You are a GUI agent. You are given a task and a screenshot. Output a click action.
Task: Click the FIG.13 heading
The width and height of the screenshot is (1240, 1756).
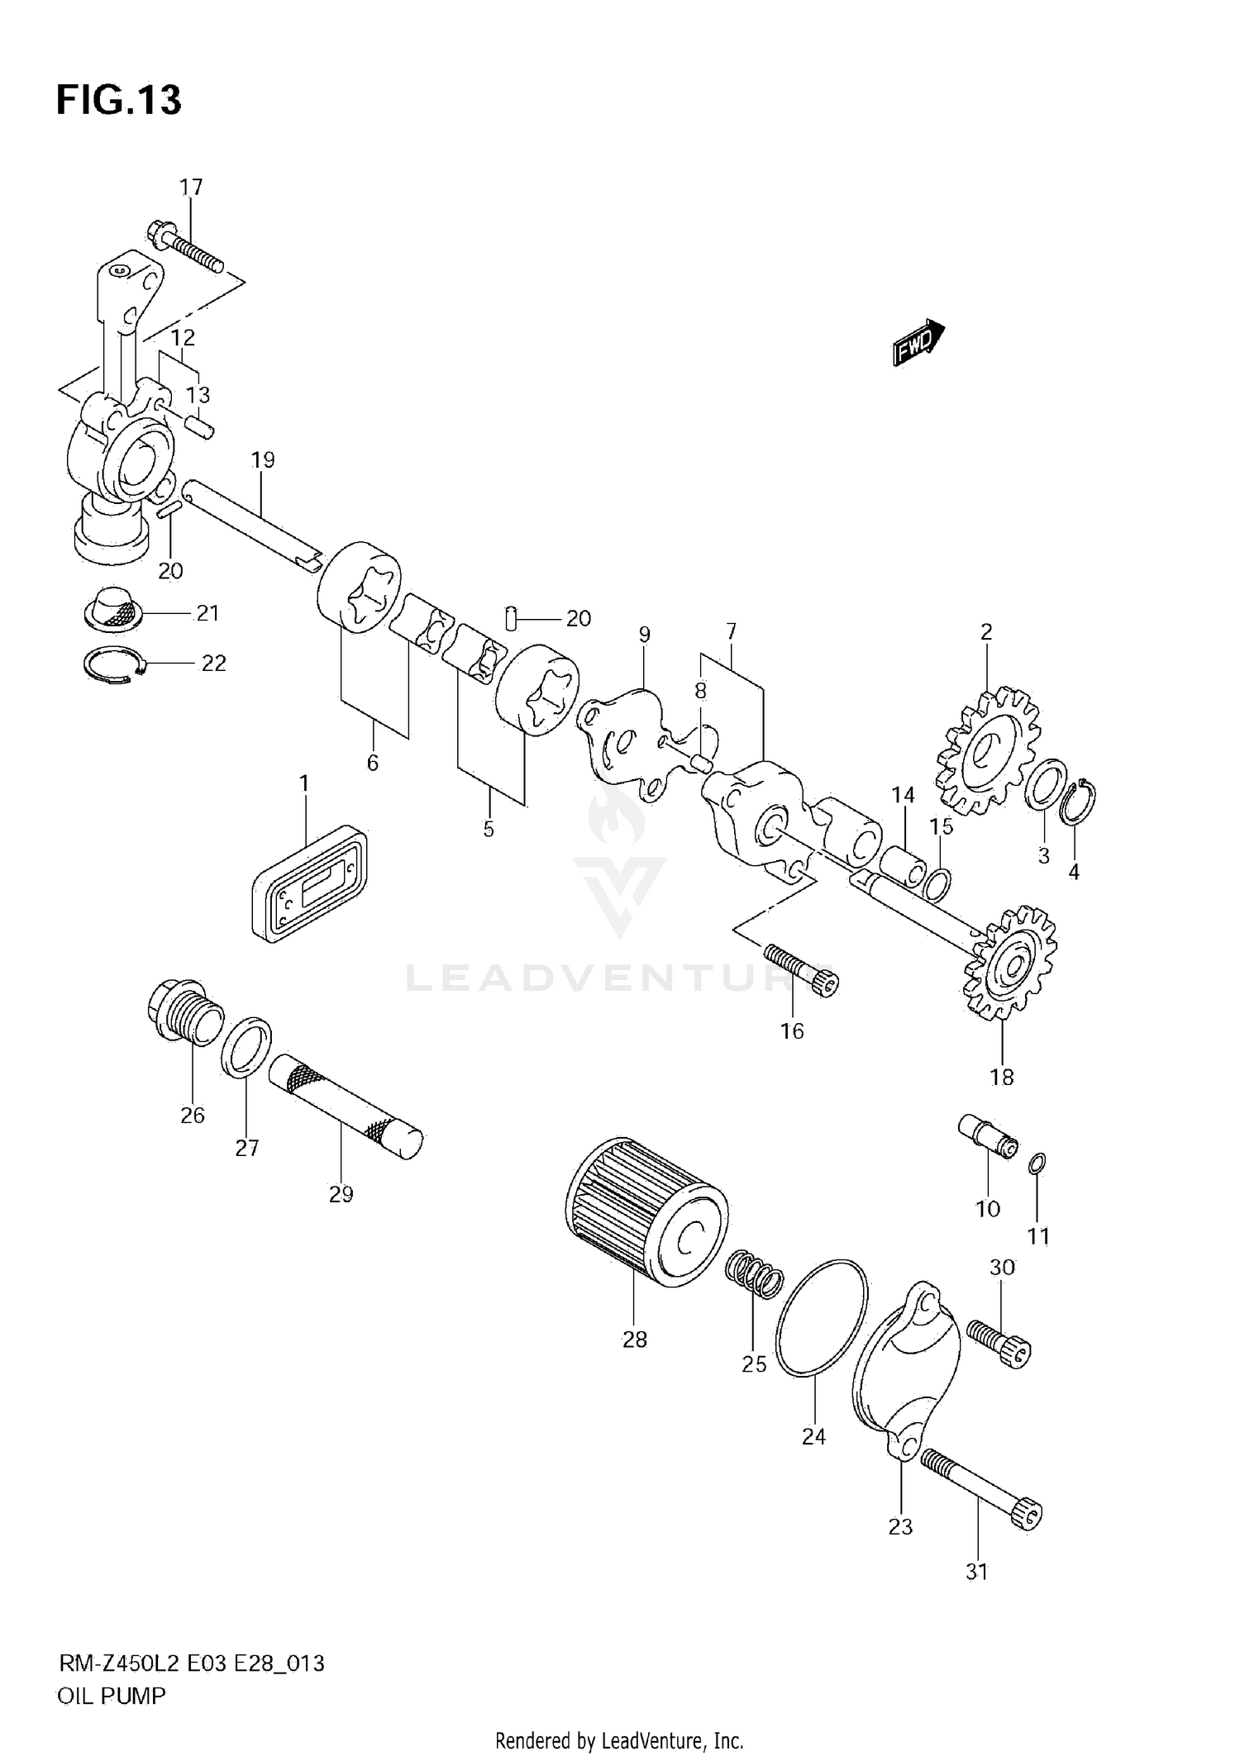point(118,101)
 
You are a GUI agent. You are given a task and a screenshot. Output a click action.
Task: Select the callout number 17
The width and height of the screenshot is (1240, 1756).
point(191,188)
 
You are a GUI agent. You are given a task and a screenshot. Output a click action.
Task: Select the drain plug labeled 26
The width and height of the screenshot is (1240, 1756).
point(185,1011)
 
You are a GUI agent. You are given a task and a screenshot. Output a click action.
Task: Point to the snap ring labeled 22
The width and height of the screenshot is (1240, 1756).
point(115,664)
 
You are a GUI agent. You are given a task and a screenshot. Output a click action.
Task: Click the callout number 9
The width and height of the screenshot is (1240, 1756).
point(645,635)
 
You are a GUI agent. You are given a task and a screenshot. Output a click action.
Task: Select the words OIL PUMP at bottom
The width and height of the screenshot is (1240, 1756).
point(112,1697)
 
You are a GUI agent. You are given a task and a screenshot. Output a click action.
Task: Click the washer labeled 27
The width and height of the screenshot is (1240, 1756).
point(246,1048)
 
